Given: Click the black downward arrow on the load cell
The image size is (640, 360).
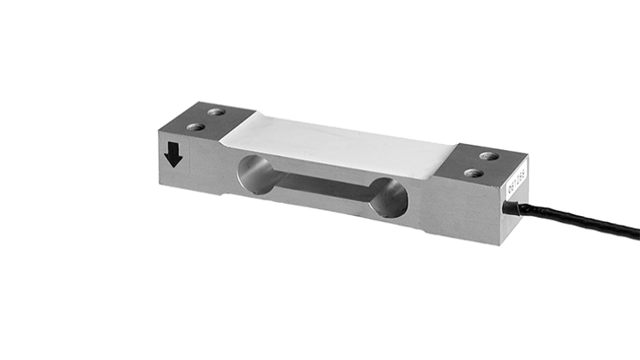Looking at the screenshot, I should (x=173, y=154).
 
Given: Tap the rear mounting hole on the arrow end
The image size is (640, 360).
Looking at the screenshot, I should (x=213, y=113).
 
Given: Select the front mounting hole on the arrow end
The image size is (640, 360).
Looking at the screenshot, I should (x=196, y=127).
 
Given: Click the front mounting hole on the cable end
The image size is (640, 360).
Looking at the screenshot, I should (x=473, y=173).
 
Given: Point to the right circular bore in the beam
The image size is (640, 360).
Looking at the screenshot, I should (x=389, y=199).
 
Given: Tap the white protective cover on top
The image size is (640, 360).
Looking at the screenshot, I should (x=338, y=143).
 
